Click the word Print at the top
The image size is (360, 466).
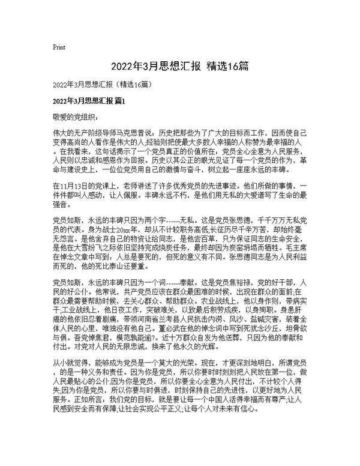[x=59, y=47]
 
